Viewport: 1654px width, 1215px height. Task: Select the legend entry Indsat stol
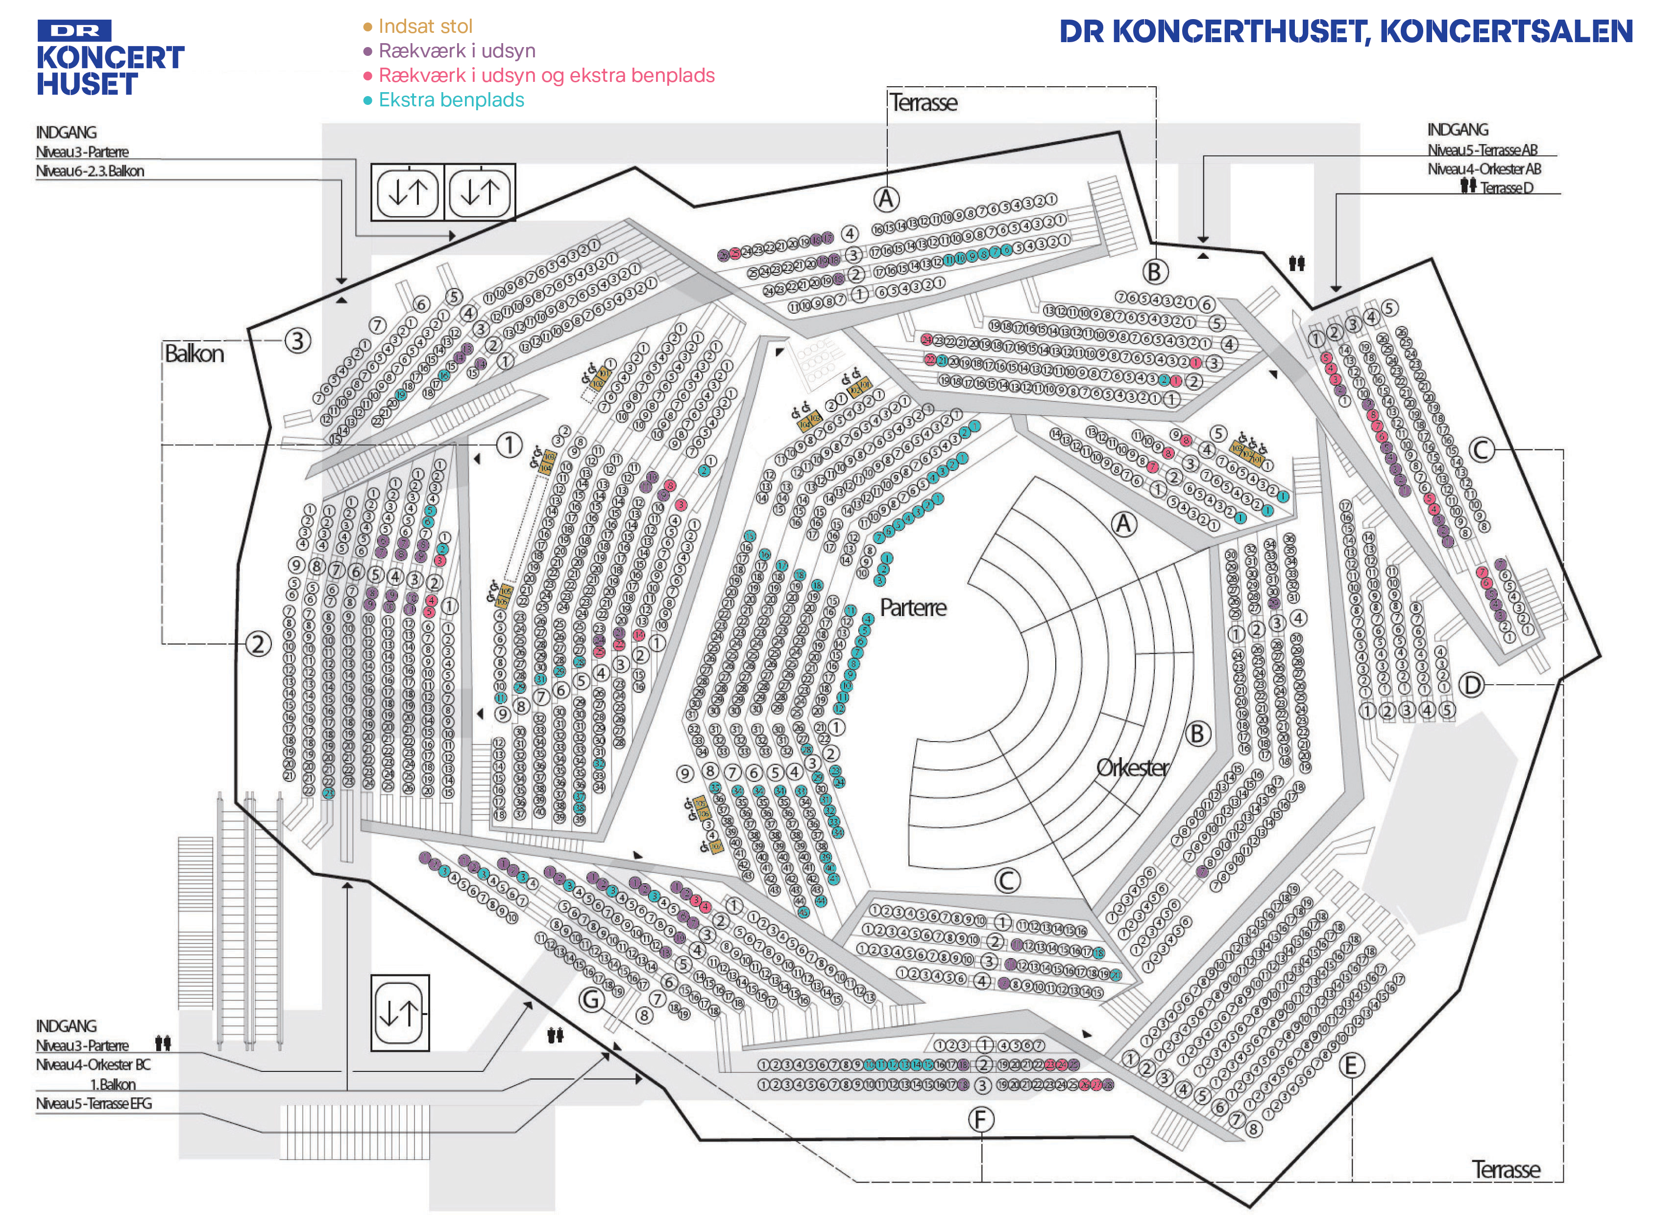424,26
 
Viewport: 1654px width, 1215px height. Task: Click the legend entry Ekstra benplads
451,100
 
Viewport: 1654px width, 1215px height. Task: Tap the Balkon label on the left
194,354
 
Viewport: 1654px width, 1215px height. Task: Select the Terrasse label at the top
924,102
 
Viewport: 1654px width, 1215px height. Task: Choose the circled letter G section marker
592,999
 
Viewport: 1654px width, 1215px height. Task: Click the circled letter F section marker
981,1120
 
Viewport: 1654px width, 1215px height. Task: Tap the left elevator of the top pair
407,193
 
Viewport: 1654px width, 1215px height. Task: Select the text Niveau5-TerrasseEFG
94,1103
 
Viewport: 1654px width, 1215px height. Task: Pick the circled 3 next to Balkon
297,341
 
